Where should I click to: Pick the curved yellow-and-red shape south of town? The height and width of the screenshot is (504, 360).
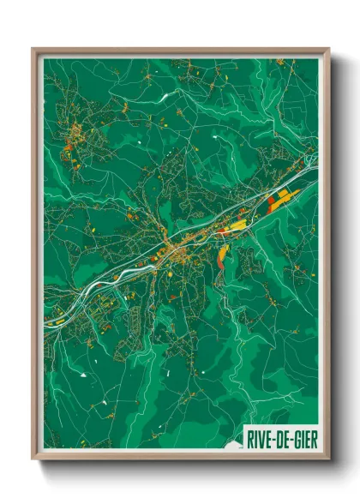click(224, 254)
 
